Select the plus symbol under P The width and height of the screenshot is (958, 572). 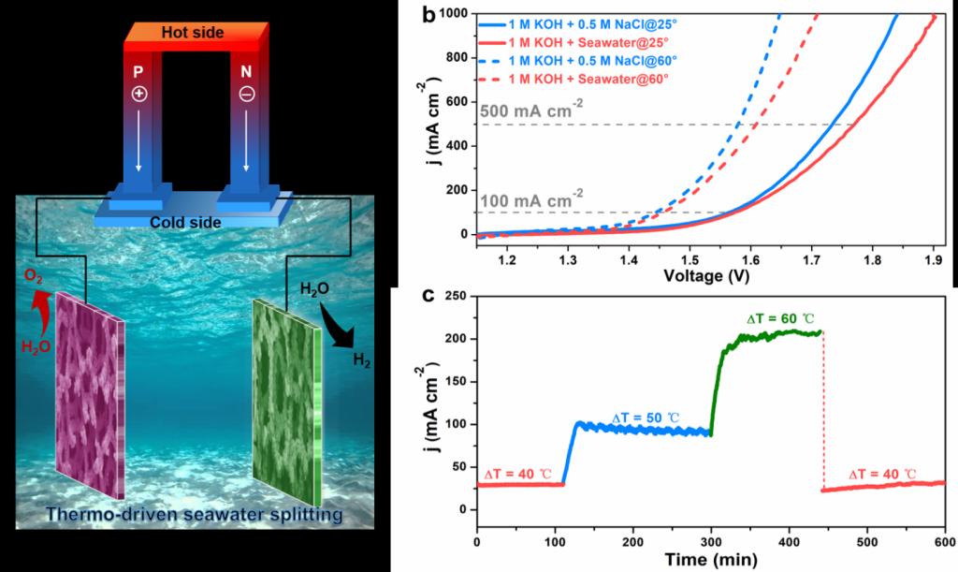click(x=138, y=94)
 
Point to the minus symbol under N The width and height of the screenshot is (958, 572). click(x=246, y=94)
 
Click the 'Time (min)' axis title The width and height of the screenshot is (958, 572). click(x=711, y=560)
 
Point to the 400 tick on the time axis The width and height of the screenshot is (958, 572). click(x=789, y=542)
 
